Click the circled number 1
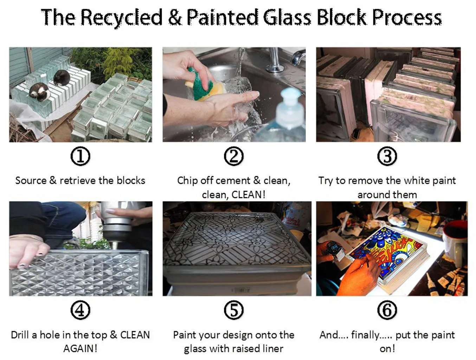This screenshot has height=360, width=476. click(80, 156)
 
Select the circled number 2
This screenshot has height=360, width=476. click(234, 156)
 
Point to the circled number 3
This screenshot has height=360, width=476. click(387, 156)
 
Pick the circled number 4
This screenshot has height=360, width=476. click(80, 310)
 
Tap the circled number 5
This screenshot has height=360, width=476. click(234, 310)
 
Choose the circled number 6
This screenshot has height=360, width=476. click(387, 310)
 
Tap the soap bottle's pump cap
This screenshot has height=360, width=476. click(290, 102)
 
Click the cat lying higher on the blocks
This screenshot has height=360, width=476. click(62, 77)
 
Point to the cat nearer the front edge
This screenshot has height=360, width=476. click(39, 92)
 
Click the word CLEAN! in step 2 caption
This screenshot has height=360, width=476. click(249, 195)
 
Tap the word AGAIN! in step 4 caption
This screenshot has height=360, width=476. click(80, 349)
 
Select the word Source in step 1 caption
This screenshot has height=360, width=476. click(31, 181)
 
